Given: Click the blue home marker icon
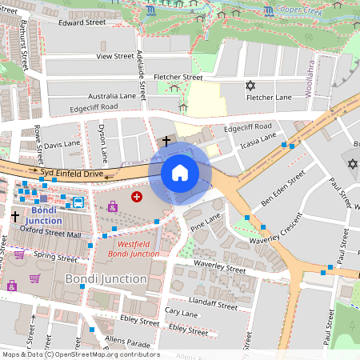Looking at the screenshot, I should coord(180,172).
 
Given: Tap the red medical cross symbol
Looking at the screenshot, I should coord(137,196).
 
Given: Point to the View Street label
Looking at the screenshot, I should coord(115,57).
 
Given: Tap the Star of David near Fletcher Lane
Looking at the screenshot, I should coord(250,84).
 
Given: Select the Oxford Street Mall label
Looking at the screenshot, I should coord(51,234).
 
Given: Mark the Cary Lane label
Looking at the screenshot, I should coord(180,310).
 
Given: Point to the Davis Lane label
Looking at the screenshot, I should coord(62,146).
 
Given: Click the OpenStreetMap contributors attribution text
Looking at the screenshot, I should coord(80,354).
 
